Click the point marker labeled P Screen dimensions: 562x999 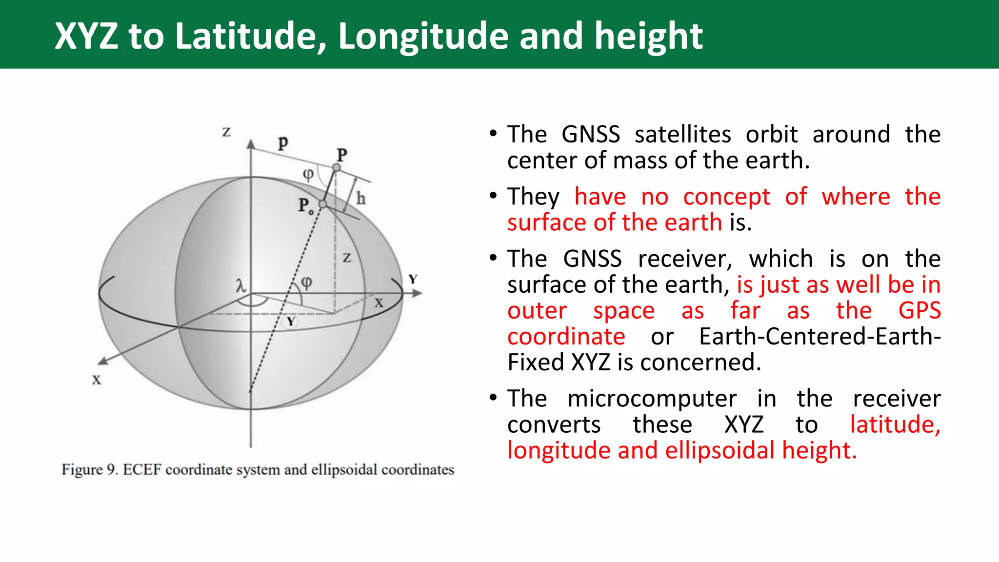336,168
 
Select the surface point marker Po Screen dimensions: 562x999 322,204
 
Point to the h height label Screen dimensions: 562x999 360,199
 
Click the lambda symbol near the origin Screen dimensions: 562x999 240,285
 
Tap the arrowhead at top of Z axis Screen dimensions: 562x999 251,144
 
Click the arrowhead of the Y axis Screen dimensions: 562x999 417,293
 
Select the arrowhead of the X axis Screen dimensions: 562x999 102,361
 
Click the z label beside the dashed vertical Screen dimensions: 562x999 346,258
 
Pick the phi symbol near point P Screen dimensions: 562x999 308,174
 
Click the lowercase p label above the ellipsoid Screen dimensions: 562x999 283,142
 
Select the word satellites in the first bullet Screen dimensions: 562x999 682,134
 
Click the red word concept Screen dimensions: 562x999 726,197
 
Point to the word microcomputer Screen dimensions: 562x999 652,399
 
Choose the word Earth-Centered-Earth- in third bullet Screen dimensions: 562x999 819,337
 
